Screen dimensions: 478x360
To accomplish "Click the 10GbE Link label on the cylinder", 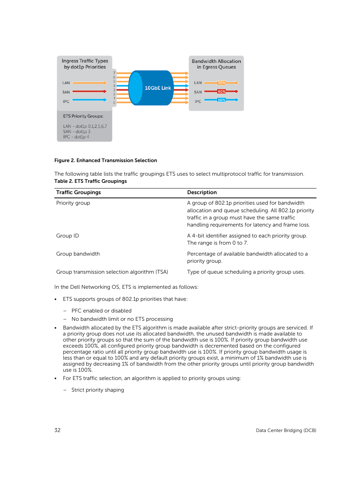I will click(x=158, y=88).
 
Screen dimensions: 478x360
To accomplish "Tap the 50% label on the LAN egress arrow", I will click(x=222, y=83).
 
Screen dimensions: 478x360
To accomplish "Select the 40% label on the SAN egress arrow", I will click(x=222, y=92).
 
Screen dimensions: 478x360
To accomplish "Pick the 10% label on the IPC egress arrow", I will click(x=222, y=100).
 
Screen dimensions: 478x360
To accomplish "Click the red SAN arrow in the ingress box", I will click(x=89, y=91).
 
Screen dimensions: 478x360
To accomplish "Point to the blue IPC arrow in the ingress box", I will click(x=89, y=100).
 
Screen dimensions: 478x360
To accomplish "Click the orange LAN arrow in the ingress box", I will click(x=89, y=83).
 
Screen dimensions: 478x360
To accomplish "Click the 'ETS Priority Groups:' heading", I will click(x=83, y=116).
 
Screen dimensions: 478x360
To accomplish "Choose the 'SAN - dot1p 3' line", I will click(x=77, y=132).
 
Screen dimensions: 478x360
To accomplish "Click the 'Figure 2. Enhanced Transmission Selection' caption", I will click(x=106, y=160).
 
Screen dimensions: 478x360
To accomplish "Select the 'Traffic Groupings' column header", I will click(x=78, y=192).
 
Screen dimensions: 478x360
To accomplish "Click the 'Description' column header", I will click(x=202, y=192).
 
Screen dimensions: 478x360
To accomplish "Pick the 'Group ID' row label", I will click(x=68, y=236).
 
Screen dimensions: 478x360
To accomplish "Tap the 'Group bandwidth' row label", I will click(x=78, y=254).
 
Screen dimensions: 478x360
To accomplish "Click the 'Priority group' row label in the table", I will click(x=73, y=203).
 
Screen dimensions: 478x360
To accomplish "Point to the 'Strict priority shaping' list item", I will click(x=98, y=390).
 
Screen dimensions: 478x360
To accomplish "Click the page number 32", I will click(x=57, y=430).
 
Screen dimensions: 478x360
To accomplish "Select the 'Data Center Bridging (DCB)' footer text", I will click(x=286, y=431).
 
